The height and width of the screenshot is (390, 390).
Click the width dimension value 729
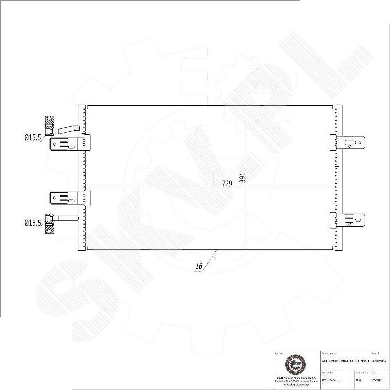(x=227, y=184)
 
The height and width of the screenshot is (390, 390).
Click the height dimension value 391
(x=243, y=178)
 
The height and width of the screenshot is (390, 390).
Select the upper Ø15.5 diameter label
(x=32, y=137)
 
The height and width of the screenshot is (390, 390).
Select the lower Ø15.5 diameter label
(x=32, y=223)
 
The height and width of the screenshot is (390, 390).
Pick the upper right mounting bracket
(x=347, y=142)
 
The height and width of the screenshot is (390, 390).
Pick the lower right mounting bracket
(x=347, y=220)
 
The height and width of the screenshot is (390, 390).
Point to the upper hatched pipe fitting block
(x=50, y=126)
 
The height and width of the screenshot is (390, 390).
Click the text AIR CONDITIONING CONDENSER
(x=345, y=360)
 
